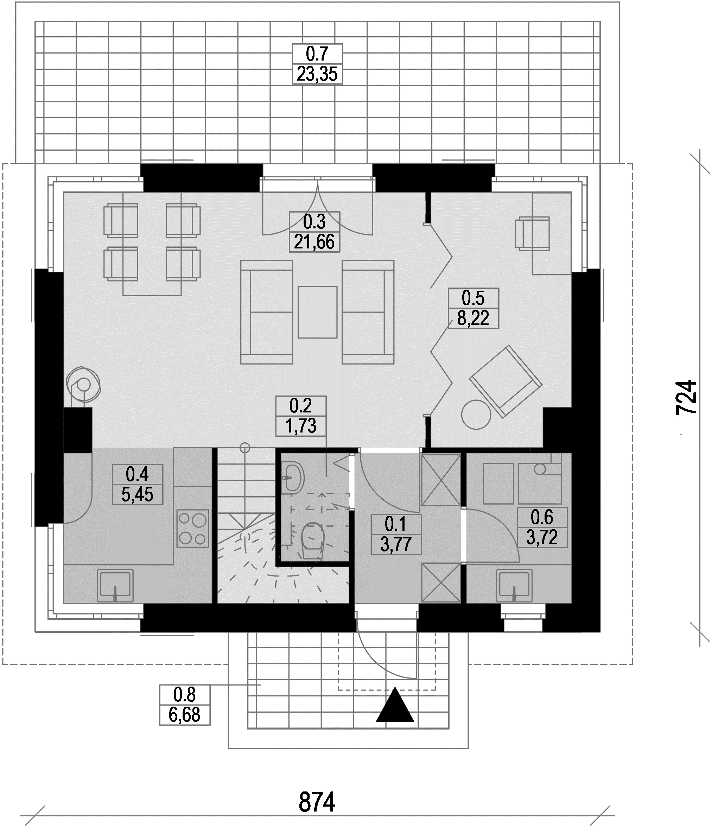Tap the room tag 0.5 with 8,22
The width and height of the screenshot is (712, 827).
(x=473, y=308)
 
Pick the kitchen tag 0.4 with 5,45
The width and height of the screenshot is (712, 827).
(x=138, y=484)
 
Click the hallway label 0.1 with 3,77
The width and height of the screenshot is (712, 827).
(x=396, y=534)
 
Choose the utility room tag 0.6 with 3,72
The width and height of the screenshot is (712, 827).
(x=542, y=527)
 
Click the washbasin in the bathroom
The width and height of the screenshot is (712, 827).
(x=293, y=477)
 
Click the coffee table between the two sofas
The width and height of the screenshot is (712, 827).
(x=318, y=312)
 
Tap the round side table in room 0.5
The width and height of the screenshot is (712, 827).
(x=476, y=414)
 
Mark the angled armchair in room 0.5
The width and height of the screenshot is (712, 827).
(x=506, y=381)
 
